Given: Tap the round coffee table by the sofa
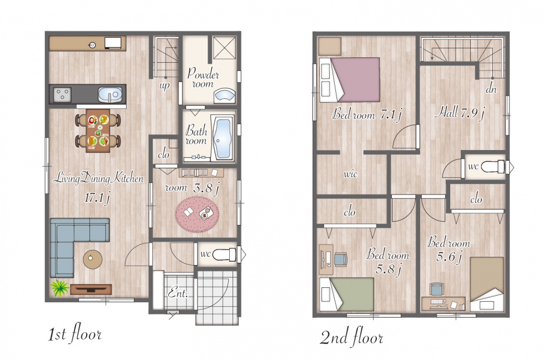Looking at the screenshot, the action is pos(93,259).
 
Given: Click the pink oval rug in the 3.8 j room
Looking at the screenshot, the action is pos(197,214).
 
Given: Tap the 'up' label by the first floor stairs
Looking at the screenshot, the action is pos(164,86).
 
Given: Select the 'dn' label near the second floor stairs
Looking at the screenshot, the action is pos(491,89).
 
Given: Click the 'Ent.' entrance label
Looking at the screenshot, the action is pos(178,294).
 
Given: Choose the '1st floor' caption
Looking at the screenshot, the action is pos(74,335).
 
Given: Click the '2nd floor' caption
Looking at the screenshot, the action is pos(351,337).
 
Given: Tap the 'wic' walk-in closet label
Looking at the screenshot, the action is pos(350,173).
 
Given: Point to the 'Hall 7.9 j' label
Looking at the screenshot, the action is pos(460,112).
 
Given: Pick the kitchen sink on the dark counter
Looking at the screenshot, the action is pos(110,94).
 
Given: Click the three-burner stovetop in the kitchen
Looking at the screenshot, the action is pos(62,94).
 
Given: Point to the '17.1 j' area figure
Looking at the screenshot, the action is pos(97,198).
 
